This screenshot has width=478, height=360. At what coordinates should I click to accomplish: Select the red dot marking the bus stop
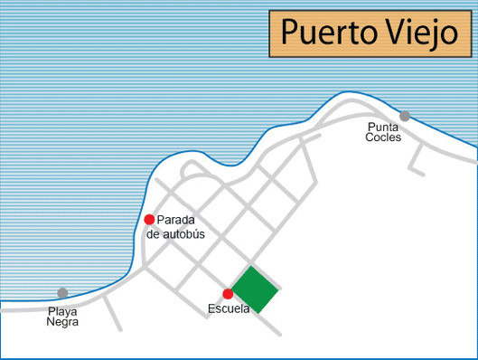(x=149, y=220)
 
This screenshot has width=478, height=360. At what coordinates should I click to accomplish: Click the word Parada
(x=176, y=221)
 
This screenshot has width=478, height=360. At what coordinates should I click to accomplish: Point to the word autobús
(x=184, y=233)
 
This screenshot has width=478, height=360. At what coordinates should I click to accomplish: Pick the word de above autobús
(x=153, y=233)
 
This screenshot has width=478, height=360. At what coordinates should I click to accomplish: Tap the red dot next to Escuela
(x=228, y=294)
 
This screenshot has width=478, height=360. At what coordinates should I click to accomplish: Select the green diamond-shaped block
(x=254, y=289)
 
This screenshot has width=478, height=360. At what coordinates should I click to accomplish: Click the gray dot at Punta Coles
(x=405, y=116)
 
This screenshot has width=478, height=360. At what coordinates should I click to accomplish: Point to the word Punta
(x=383, y=128)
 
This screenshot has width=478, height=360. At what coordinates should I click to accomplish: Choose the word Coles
(x=383, y=137)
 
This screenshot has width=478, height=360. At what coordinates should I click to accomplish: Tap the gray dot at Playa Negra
(x=62, y=293)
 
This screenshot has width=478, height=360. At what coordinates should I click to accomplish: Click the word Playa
(x=62, y=311)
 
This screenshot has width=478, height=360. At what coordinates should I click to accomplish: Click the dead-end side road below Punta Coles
(x=417, y=158)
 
